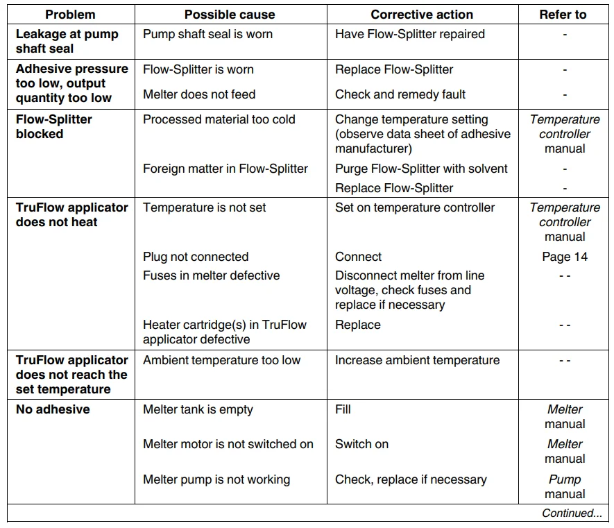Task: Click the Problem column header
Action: (70, 15)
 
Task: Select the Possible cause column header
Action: (230, 15)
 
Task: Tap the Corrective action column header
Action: (422, 15)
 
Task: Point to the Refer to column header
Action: (563, 15)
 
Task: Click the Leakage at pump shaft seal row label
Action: (67, 41)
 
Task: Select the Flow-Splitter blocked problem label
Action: (54, 126)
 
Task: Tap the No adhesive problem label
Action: (53, 409)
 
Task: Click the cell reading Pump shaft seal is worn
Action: (207, 34)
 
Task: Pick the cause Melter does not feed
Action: (199, 94)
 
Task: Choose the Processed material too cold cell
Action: (219, 119)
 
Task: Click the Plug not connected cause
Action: (196, 257)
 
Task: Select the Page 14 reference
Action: (565, 257)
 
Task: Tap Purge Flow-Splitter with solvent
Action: (421, 169)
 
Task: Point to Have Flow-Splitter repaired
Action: (409, 34)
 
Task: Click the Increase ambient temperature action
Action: (417, 360)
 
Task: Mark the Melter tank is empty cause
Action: (198, 409)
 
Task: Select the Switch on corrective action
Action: (361, 444)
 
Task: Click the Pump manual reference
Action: (565, 486)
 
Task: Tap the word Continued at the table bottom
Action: (572, 513)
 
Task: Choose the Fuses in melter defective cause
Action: (211, 275)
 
